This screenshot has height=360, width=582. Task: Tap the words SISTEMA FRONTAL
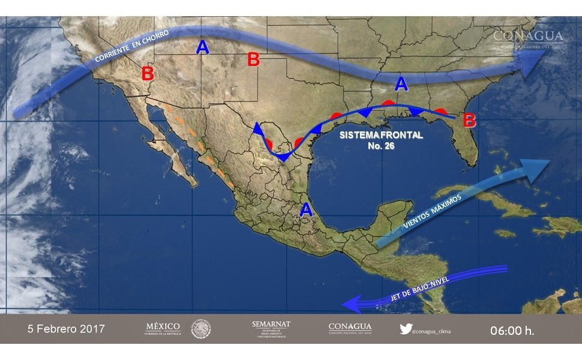(381, 135)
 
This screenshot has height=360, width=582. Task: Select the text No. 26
(381, 146)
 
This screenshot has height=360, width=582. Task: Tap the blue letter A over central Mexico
(306, 209)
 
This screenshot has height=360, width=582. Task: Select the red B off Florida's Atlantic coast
(469, 120)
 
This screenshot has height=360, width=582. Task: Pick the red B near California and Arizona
(148, 74)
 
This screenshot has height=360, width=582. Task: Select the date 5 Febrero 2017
(66, 329)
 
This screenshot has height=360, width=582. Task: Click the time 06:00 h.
(512, 330)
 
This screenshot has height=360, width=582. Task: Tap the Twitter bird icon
(405, 329)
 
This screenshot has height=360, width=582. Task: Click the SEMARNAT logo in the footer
(271, 329)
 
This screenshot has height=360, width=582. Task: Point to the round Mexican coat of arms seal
(201, 329)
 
